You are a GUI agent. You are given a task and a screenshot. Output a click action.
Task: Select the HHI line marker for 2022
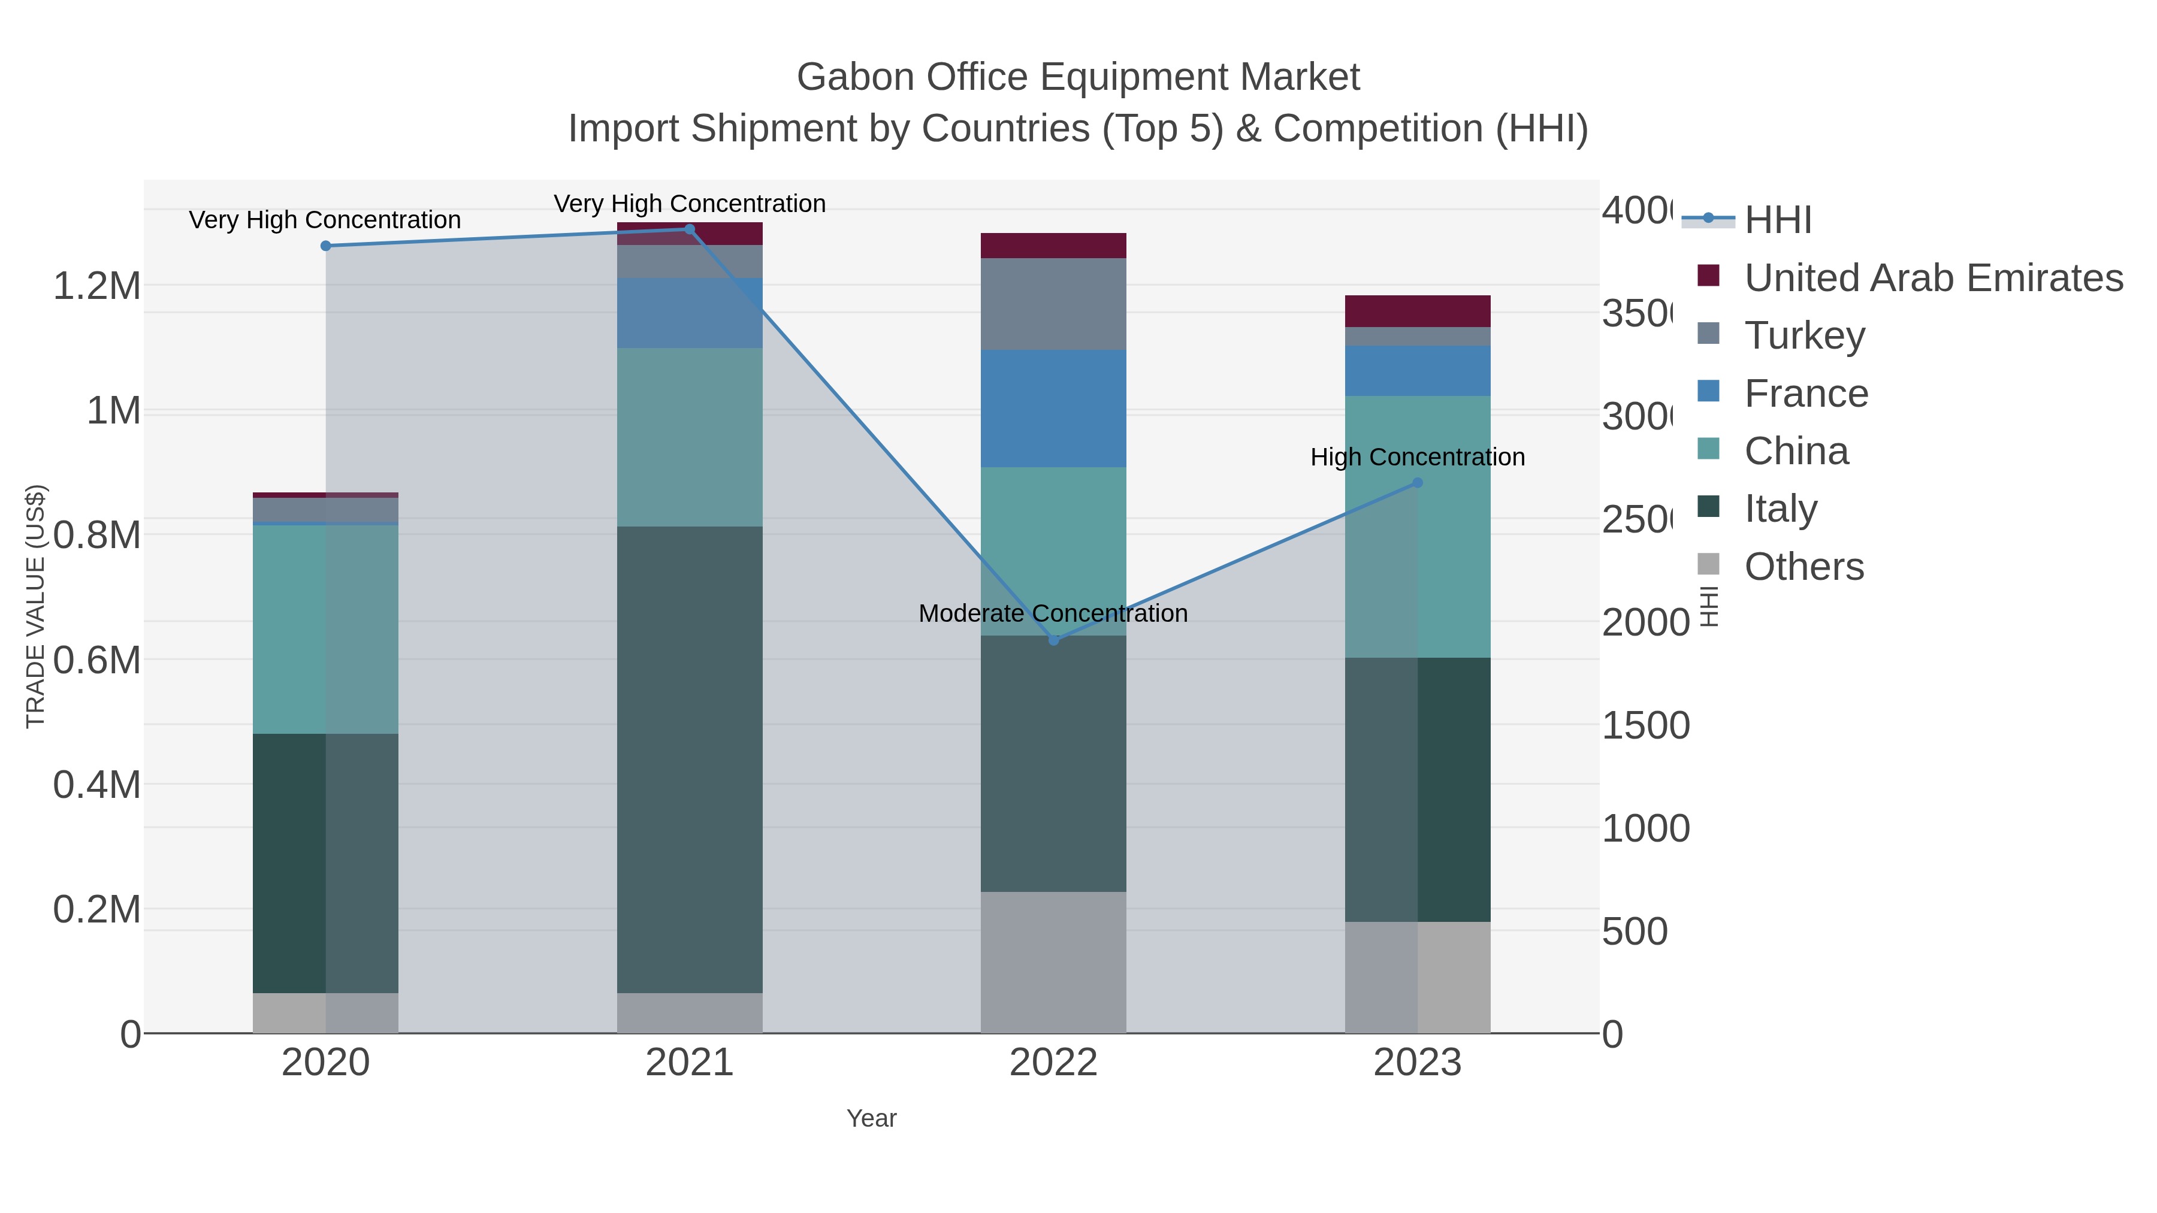pos(1053,640)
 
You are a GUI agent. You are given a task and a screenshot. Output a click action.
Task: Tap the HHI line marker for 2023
pos(1418,482)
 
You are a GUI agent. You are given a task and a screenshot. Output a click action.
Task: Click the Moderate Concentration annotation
pos(1053,613)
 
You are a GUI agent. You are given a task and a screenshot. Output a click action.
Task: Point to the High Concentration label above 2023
pos(1417,457)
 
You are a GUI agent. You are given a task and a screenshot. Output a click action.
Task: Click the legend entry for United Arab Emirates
pos(1932,278)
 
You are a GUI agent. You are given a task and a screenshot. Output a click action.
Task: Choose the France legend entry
pos(1805,394)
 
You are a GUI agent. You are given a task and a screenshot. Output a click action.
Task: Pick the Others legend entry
pos(1803,567)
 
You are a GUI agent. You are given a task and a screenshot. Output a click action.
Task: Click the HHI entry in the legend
pos(1778,220)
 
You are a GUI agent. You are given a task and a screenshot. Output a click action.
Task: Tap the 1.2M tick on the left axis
pos(96,286)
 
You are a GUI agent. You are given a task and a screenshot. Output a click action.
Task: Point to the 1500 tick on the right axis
pos(1645,726)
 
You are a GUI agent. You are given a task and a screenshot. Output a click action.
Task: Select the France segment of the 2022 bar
pos(1053,409)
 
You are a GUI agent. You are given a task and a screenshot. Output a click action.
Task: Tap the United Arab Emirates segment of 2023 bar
pos(1417,310)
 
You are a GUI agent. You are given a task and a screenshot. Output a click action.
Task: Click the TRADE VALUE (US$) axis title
pos(35,606)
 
